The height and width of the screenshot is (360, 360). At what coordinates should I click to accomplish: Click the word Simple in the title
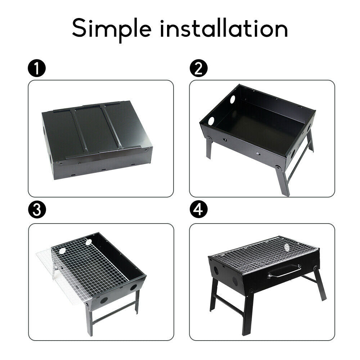112,28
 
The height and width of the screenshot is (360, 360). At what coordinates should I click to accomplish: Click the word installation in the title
224,28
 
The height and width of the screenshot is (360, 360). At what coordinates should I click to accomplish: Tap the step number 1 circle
37,69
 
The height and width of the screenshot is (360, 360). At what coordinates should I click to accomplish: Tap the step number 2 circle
199,69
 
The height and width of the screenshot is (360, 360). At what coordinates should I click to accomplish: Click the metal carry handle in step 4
284,271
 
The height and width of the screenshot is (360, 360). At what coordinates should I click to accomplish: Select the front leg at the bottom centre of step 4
248,313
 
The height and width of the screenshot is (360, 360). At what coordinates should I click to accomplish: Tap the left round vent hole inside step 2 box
211,121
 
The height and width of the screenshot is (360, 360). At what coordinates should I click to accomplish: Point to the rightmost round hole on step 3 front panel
134,287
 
